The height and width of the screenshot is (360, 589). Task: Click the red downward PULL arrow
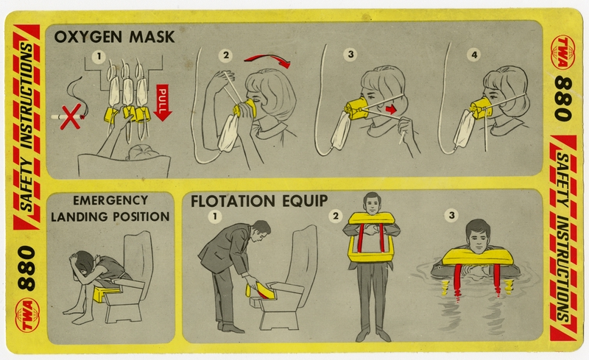163,102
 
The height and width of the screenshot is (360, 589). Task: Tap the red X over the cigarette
70,116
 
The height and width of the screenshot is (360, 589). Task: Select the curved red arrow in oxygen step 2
268,60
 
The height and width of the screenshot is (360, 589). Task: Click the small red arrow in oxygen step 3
391,110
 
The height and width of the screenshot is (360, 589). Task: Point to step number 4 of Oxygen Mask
474,55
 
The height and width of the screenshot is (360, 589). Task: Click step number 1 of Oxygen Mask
99,57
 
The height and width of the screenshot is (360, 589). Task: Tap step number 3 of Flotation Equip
451,215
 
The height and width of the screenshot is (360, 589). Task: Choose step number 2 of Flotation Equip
336,216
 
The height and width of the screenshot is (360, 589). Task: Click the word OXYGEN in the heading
88,37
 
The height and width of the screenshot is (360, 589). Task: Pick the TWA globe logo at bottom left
27,314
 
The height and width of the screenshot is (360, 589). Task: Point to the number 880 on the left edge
27,268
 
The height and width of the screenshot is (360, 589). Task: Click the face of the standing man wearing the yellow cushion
372,205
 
